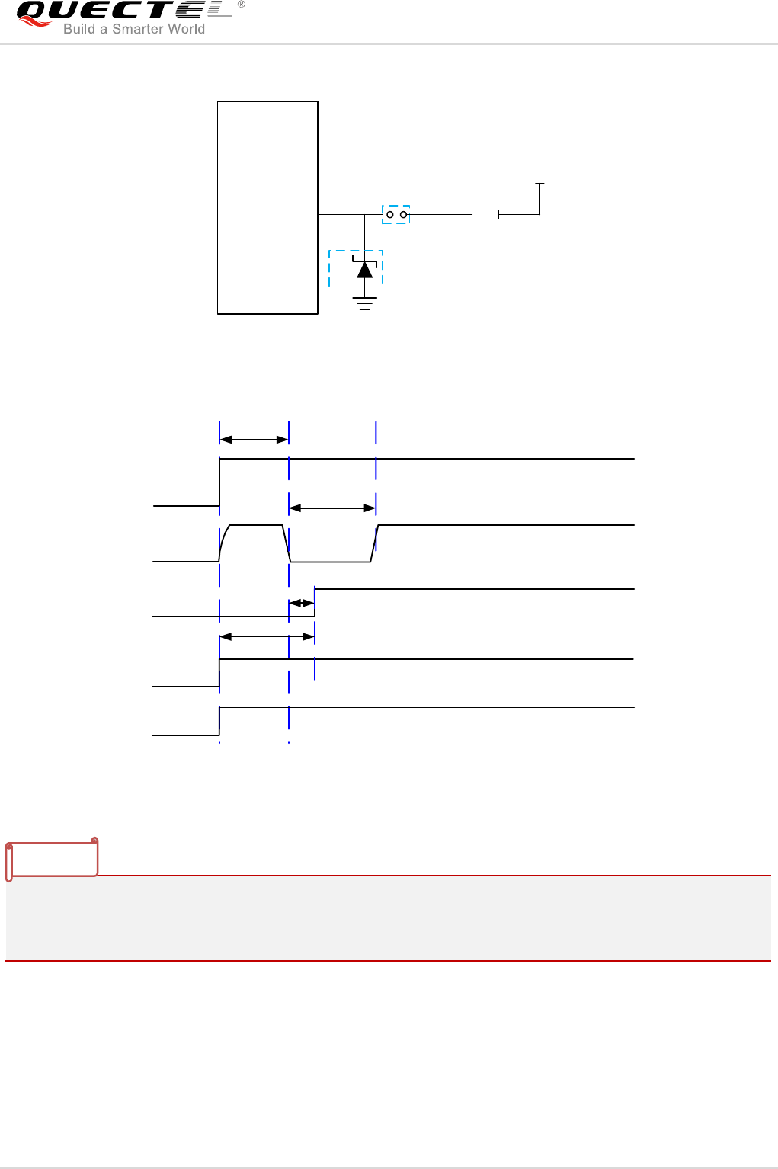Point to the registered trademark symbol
(242, 5)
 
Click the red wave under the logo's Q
(34, 22)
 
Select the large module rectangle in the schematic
(267, 207)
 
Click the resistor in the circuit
(485, 215)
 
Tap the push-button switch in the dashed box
(396, 215)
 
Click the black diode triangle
(365, 270)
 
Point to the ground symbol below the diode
(365, 303)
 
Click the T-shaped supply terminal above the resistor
(540, 184)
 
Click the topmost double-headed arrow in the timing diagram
(254, 440)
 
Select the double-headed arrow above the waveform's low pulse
(332, 508)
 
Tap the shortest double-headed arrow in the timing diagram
(302, 603)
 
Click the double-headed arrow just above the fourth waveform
(267, 636)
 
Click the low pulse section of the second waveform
(330, 562)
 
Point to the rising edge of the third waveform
(315, 602)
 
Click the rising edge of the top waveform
(219, 482)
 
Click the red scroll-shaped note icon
(53, 858)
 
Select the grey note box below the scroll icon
(389, 918)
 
